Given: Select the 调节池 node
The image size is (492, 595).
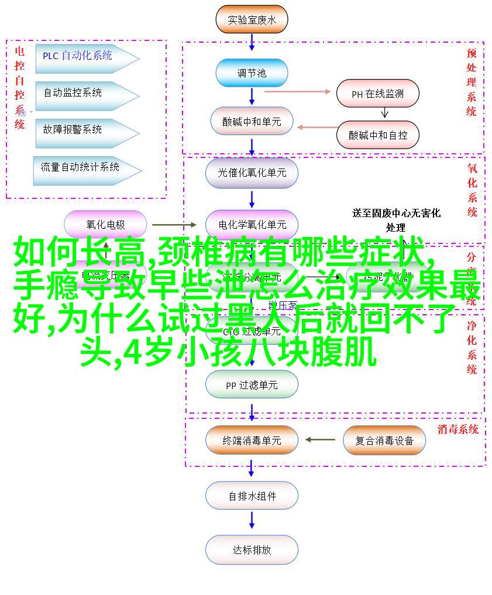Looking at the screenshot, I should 252,73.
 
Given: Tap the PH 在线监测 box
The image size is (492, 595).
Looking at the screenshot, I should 377,94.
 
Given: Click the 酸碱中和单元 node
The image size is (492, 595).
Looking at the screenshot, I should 252,122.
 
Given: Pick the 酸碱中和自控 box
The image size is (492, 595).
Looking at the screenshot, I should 378,135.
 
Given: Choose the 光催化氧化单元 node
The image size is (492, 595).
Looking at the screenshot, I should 252,173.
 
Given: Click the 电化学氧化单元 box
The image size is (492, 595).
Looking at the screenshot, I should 252,225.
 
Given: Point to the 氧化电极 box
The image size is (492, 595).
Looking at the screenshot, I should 105,225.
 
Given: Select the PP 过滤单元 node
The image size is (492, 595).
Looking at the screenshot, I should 252,386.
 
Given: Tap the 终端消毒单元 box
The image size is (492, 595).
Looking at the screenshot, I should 252,440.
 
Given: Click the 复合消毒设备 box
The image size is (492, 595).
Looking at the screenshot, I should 384,440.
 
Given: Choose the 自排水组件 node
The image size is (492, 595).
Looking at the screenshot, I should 252,496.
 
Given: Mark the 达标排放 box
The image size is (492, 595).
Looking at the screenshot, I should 252,550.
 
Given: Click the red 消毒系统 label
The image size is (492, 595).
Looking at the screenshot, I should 457,429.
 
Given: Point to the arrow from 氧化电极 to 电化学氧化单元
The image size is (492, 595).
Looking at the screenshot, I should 174,225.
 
